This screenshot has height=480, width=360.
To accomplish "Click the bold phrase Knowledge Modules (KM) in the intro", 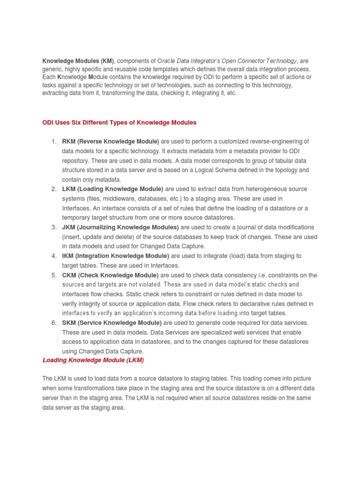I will coord(78,61).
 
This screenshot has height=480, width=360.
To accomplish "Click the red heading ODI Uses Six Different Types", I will coord(120,122).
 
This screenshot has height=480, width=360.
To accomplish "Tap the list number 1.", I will coord(54,141).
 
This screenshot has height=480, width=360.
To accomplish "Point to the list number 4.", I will coord(54,256).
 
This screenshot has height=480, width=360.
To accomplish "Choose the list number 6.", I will coord(54,322).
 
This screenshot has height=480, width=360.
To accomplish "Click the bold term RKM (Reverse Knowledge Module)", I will coord(111,141).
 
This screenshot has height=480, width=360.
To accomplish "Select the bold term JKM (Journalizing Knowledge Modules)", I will coord(120,227).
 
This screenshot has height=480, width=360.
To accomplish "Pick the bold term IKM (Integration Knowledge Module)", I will coord(116,256).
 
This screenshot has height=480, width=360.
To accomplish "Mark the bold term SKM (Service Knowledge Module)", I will coord(112,322).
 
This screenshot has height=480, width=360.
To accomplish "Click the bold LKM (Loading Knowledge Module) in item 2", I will coord(112,189).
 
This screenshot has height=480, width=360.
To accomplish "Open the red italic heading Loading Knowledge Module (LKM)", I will coord(93,360).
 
